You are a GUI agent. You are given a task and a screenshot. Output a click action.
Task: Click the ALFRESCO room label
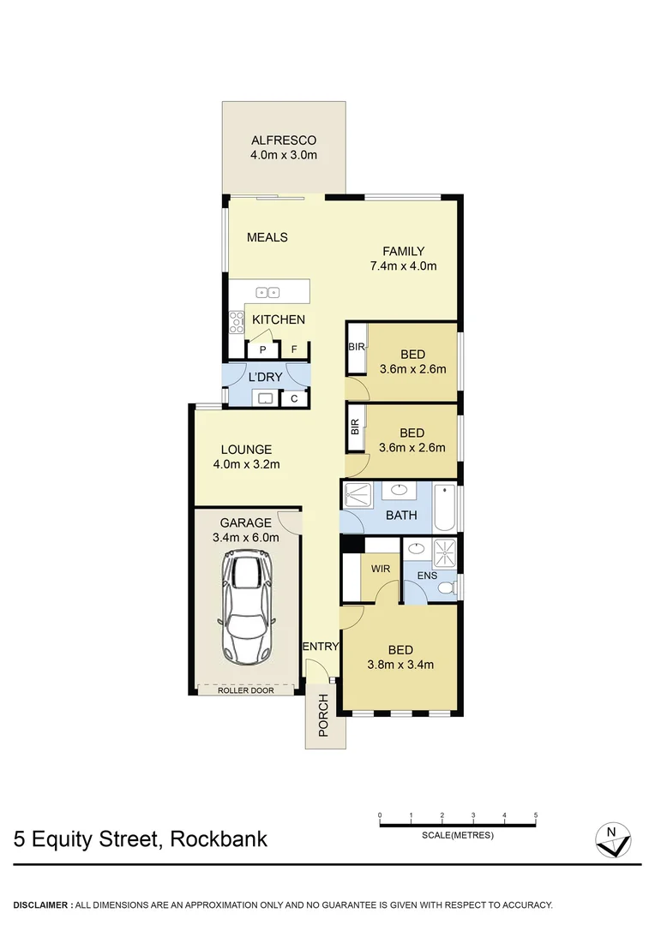(x=284, y=140)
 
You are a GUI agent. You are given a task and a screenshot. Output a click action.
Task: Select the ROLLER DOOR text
(x=246, y=689)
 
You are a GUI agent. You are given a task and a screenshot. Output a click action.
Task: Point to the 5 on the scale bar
(x=536, y=815)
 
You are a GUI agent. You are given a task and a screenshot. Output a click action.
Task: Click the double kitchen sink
(x=267, y=292)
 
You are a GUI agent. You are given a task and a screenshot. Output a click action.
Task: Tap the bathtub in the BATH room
(x=444, y=508)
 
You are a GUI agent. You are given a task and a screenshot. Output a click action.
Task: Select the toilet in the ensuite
(x=446, y=588)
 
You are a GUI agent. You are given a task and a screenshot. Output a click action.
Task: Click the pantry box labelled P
(x=263, y=349)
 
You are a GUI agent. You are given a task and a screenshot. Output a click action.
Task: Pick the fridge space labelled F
(x=294, y=349)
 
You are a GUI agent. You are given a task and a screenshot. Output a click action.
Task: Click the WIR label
(x=381, y=568)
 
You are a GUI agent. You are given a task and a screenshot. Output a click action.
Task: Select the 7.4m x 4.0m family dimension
(x=403, y=266)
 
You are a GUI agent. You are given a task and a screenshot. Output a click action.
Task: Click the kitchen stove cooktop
(x=236, y=322)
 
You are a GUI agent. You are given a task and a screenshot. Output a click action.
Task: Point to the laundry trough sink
(x=265, y=398)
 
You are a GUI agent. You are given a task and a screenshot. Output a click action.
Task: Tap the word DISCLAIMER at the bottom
(x=41, y=904)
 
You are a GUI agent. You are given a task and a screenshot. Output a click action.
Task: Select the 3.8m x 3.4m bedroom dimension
(x=400, y=664)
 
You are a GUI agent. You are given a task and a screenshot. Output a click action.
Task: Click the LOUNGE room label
(x=246, y=449)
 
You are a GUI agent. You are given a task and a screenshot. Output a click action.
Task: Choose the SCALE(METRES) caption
(x=458, y=835)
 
